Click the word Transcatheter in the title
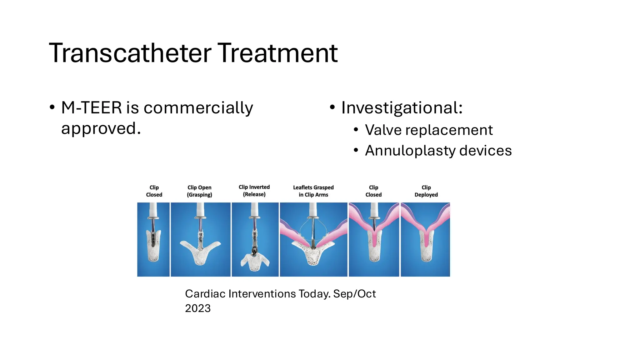130,53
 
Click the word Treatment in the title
277,53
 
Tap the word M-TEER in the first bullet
91,108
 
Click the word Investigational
401,108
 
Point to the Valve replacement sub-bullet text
428,130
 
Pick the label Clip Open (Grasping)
199,191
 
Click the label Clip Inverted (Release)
254,191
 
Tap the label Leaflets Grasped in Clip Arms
313,191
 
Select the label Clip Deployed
426,191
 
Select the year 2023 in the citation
198,308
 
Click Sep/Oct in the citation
354,294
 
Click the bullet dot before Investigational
332,107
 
